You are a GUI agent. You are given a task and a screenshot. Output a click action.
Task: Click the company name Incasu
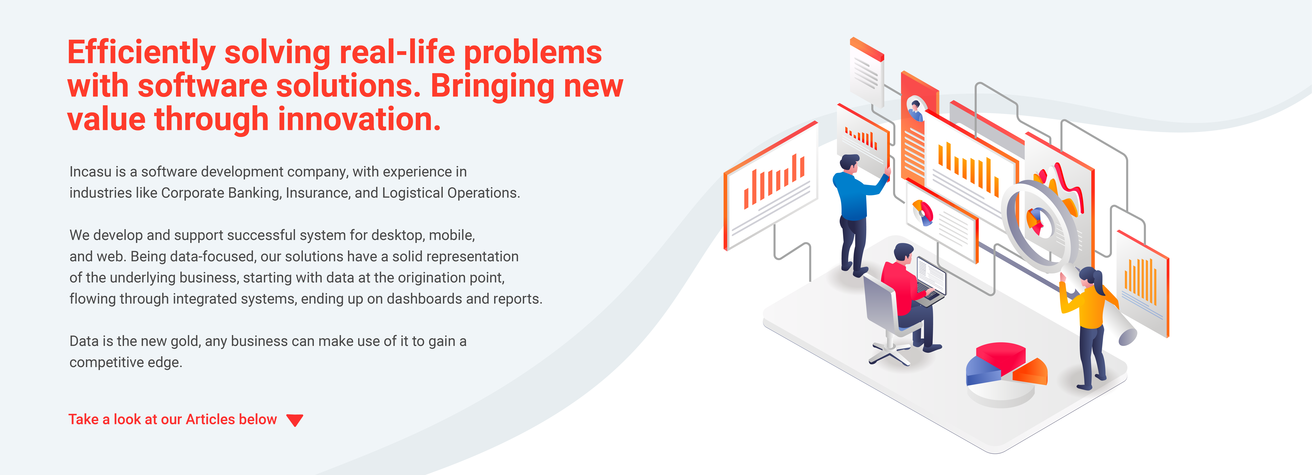[90, 172]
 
